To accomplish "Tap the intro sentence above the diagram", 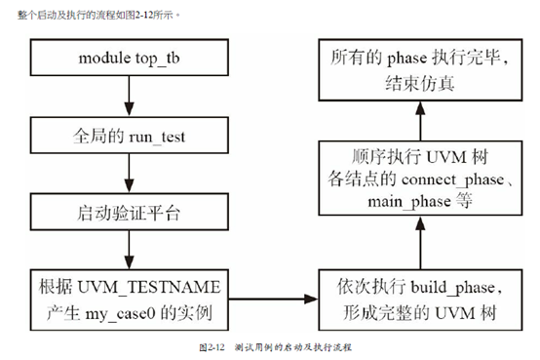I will (92, 12).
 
